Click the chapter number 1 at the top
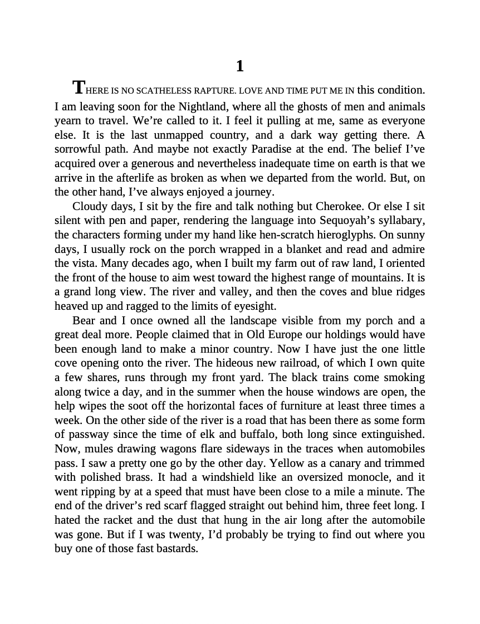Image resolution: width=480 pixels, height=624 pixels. tap(240, 66)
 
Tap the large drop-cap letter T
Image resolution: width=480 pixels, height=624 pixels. tap(79, 87)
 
